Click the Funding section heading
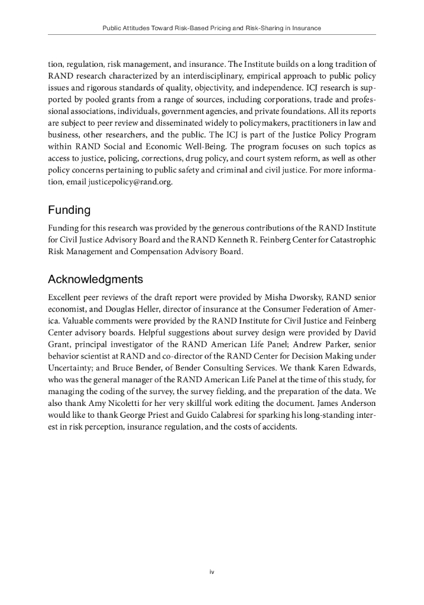coord(69,210)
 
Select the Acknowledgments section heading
coord(96,279)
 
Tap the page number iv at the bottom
coord(211,572)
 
